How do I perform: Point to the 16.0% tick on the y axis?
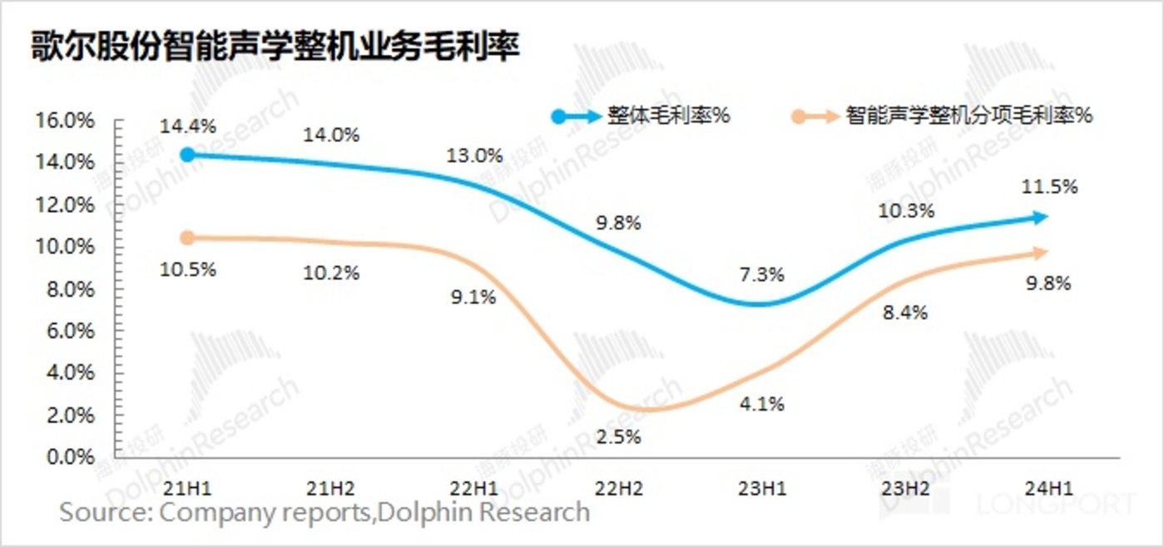pos(65,121)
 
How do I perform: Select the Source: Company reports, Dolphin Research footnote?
pos(324,512)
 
